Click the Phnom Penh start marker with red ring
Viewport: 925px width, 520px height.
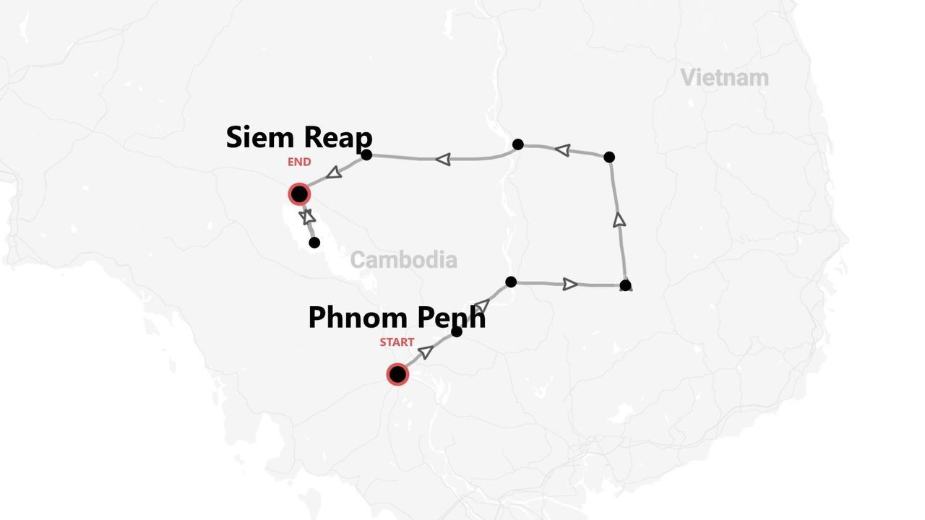point(397,374)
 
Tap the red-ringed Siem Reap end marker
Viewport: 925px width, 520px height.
point(299,194)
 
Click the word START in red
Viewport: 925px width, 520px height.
point(397,342)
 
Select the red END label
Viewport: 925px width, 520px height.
point(299,162)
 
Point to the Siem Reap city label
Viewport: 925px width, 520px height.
point(299,137)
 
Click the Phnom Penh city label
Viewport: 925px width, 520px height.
point(397,318)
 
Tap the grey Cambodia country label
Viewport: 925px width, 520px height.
point(403,260)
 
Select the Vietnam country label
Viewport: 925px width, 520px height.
point(724,77)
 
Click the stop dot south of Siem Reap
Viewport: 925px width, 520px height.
point(314,243)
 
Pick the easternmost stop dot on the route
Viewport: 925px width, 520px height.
point(625,285)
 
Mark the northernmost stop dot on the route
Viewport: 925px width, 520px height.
point(517,144)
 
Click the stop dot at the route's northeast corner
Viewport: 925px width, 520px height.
point(609,157)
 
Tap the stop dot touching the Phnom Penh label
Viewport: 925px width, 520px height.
point(456,331)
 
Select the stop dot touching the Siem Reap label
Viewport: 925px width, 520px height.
point(366,155)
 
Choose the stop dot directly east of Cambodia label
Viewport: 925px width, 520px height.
point(511,282)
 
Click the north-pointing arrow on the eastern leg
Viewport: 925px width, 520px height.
point(619,220)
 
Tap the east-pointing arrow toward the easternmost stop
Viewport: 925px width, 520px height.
point(570,284)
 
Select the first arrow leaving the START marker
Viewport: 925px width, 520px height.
point(426,352)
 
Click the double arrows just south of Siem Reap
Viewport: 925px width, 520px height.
point(308,216)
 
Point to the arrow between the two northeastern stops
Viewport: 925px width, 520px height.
point(562,150)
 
